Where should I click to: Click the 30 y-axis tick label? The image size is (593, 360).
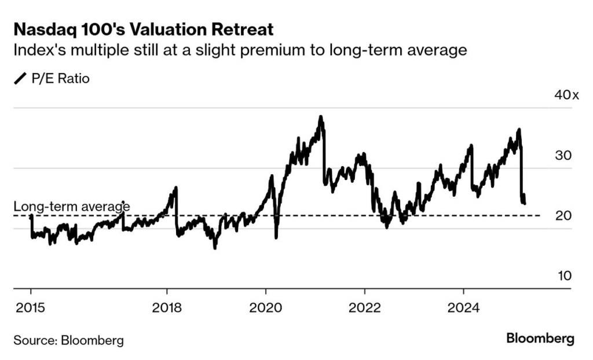click(x=563, y=156)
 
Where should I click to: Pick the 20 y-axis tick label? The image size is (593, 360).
click(x=563, y=216)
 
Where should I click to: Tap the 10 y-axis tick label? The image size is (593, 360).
click(x=564, y=276)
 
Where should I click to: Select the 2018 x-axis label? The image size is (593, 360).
click(x=167, y=307)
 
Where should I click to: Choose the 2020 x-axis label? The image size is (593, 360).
click(x=266, y=307)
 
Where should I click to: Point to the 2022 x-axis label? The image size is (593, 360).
click(x=365, y=307)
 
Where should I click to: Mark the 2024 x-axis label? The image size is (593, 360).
click(x=463, y=307)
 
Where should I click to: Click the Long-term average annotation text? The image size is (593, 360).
click(x=71, y=206)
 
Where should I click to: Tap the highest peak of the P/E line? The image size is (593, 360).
click(x=320, y=117)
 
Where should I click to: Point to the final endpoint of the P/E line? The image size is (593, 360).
click(x=525, y=203)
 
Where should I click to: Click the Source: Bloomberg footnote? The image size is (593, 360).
click(x=68, y=340)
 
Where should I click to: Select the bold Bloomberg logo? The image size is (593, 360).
click(x=540, y=339)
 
